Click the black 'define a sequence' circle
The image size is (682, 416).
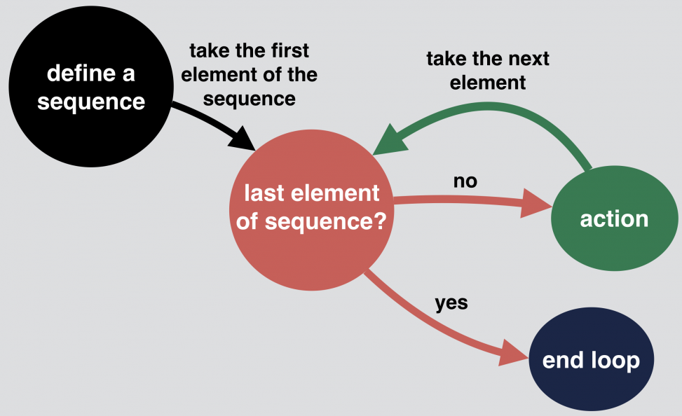click(x=90, y=88)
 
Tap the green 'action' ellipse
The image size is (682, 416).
click(x=614, y=219)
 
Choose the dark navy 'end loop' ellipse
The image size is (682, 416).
click(x=591, y=360)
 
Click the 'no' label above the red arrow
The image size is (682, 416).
click(x=465, y=181)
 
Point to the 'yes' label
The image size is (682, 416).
click(x=451, y=303)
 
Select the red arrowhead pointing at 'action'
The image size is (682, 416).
click(x=537, y=205)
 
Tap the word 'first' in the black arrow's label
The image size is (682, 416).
click(x=288, y=51)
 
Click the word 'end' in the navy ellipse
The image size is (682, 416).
click(x=561, y=361)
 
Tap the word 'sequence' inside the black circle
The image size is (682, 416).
click(x=91, y=102)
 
